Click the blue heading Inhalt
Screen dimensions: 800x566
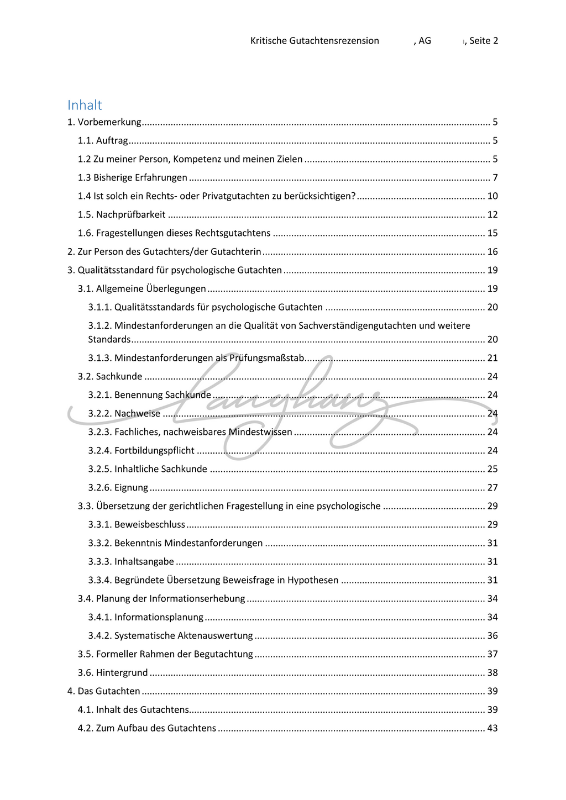tap(85, 105)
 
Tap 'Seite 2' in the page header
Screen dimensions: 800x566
tap(484, 40)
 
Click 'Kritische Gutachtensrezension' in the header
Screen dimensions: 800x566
tap(315, 40)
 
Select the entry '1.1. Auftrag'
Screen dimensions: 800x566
tap(103, 140)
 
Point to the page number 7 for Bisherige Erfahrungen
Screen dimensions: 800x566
tap(495, 177)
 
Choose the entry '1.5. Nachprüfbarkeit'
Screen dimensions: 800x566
tap(122, 214)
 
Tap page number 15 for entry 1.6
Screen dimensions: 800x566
tap(492, 233)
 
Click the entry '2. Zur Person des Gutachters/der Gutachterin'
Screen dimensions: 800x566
tap(164, 252)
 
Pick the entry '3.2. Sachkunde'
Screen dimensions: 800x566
tap(110, 376)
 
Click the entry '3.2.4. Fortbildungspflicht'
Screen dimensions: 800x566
tap(141, 450)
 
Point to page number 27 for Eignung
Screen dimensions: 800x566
tap(492, 487)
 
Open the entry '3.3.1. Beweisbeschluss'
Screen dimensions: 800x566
tap(137, 524)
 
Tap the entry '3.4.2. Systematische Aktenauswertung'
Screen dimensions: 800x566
tap(170, 635)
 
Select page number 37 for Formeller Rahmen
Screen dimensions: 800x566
tap(492, 654)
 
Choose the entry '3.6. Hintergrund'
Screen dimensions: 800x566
tap(113, 672)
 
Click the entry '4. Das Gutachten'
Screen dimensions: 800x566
tap(104, 691)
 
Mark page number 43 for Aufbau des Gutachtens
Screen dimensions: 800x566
tap(492, 728)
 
